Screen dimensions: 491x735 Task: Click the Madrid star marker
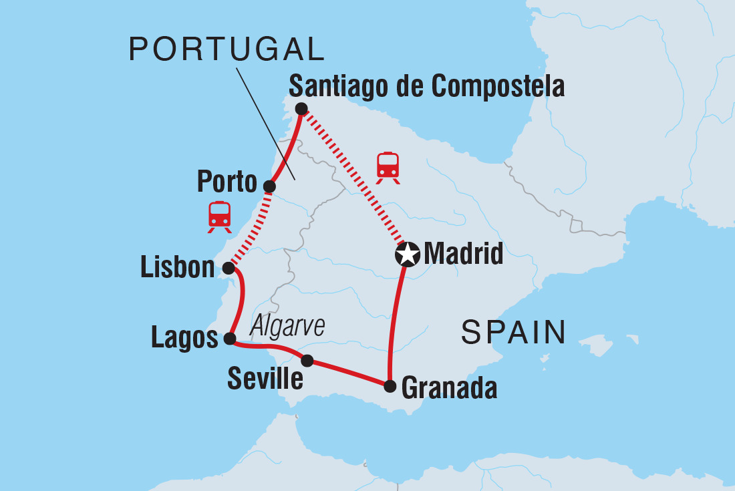[x=408, y=255]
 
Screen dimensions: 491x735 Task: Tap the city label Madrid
[x=463, y=255]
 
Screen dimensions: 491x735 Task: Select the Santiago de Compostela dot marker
[x=301, y=108]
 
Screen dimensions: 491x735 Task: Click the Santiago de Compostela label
[x=426, y=87]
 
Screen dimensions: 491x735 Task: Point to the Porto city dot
[x=269, y=186]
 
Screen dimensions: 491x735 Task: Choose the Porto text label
[x=227, y=181]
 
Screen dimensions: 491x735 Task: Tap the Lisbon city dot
[x=228, y=269]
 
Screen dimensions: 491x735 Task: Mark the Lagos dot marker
[x=229, y=339]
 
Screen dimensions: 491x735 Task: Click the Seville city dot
[x=307, y=361]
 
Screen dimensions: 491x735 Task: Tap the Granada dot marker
[x=390, y=385]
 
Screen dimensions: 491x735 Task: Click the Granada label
[x=449, y=388]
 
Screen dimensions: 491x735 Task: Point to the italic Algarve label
[x=287, y=327]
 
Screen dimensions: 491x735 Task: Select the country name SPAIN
[x=513, y=332]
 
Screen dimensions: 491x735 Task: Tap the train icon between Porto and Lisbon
[x=219, y=216]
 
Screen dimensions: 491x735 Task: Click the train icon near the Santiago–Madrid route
[x=388, y=166]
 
